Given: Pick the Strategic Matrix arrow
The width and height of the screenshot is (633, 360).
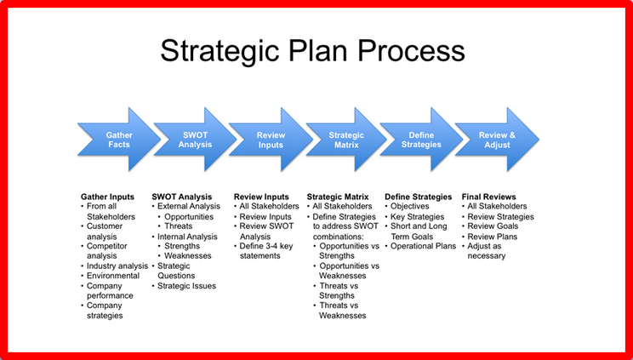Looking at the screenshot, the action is (346, 140).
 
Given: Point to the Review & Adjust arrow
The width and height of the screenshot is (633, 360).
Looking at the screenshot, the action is (497, 140).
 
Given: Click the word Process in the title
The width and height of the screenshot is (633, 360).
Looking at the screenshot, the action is (412, 50).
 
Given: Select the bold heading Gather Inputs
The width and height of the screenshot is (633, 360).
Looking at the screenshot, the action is (107, 197).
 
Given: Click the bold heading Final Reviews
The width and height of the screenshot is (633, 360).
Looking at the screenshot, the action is (489, 197).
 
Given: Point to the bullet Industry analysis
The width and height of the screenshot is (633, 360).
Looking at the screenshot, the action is (117, 266).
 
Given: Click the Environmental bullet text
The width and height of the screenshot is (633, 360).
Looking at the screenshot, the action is (113, 276).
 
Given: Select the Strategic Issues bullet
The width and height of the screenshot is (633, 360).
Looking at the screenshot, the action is (186, 286).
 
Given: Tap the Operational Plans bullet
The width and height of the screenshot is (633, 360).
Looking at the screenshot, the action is (423, 246).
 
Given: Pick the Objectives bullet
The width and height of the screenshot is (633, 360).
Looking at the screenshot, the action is (410, 207).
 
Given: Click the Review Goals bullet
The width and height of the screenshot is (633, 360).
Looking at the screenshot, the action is (493, 226).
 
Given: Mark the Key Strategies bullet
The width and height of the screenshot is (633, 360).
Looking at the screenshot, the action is (417, 217).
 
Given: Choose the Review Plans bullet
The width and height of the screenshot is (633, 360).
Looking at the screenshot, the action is (492, 237).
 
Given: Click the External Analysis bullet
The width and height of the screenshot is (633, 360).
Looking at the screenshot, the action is (189, 207).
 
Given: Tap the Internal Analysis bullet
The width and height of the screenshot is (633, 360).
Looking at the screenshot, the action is (187, 237).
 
